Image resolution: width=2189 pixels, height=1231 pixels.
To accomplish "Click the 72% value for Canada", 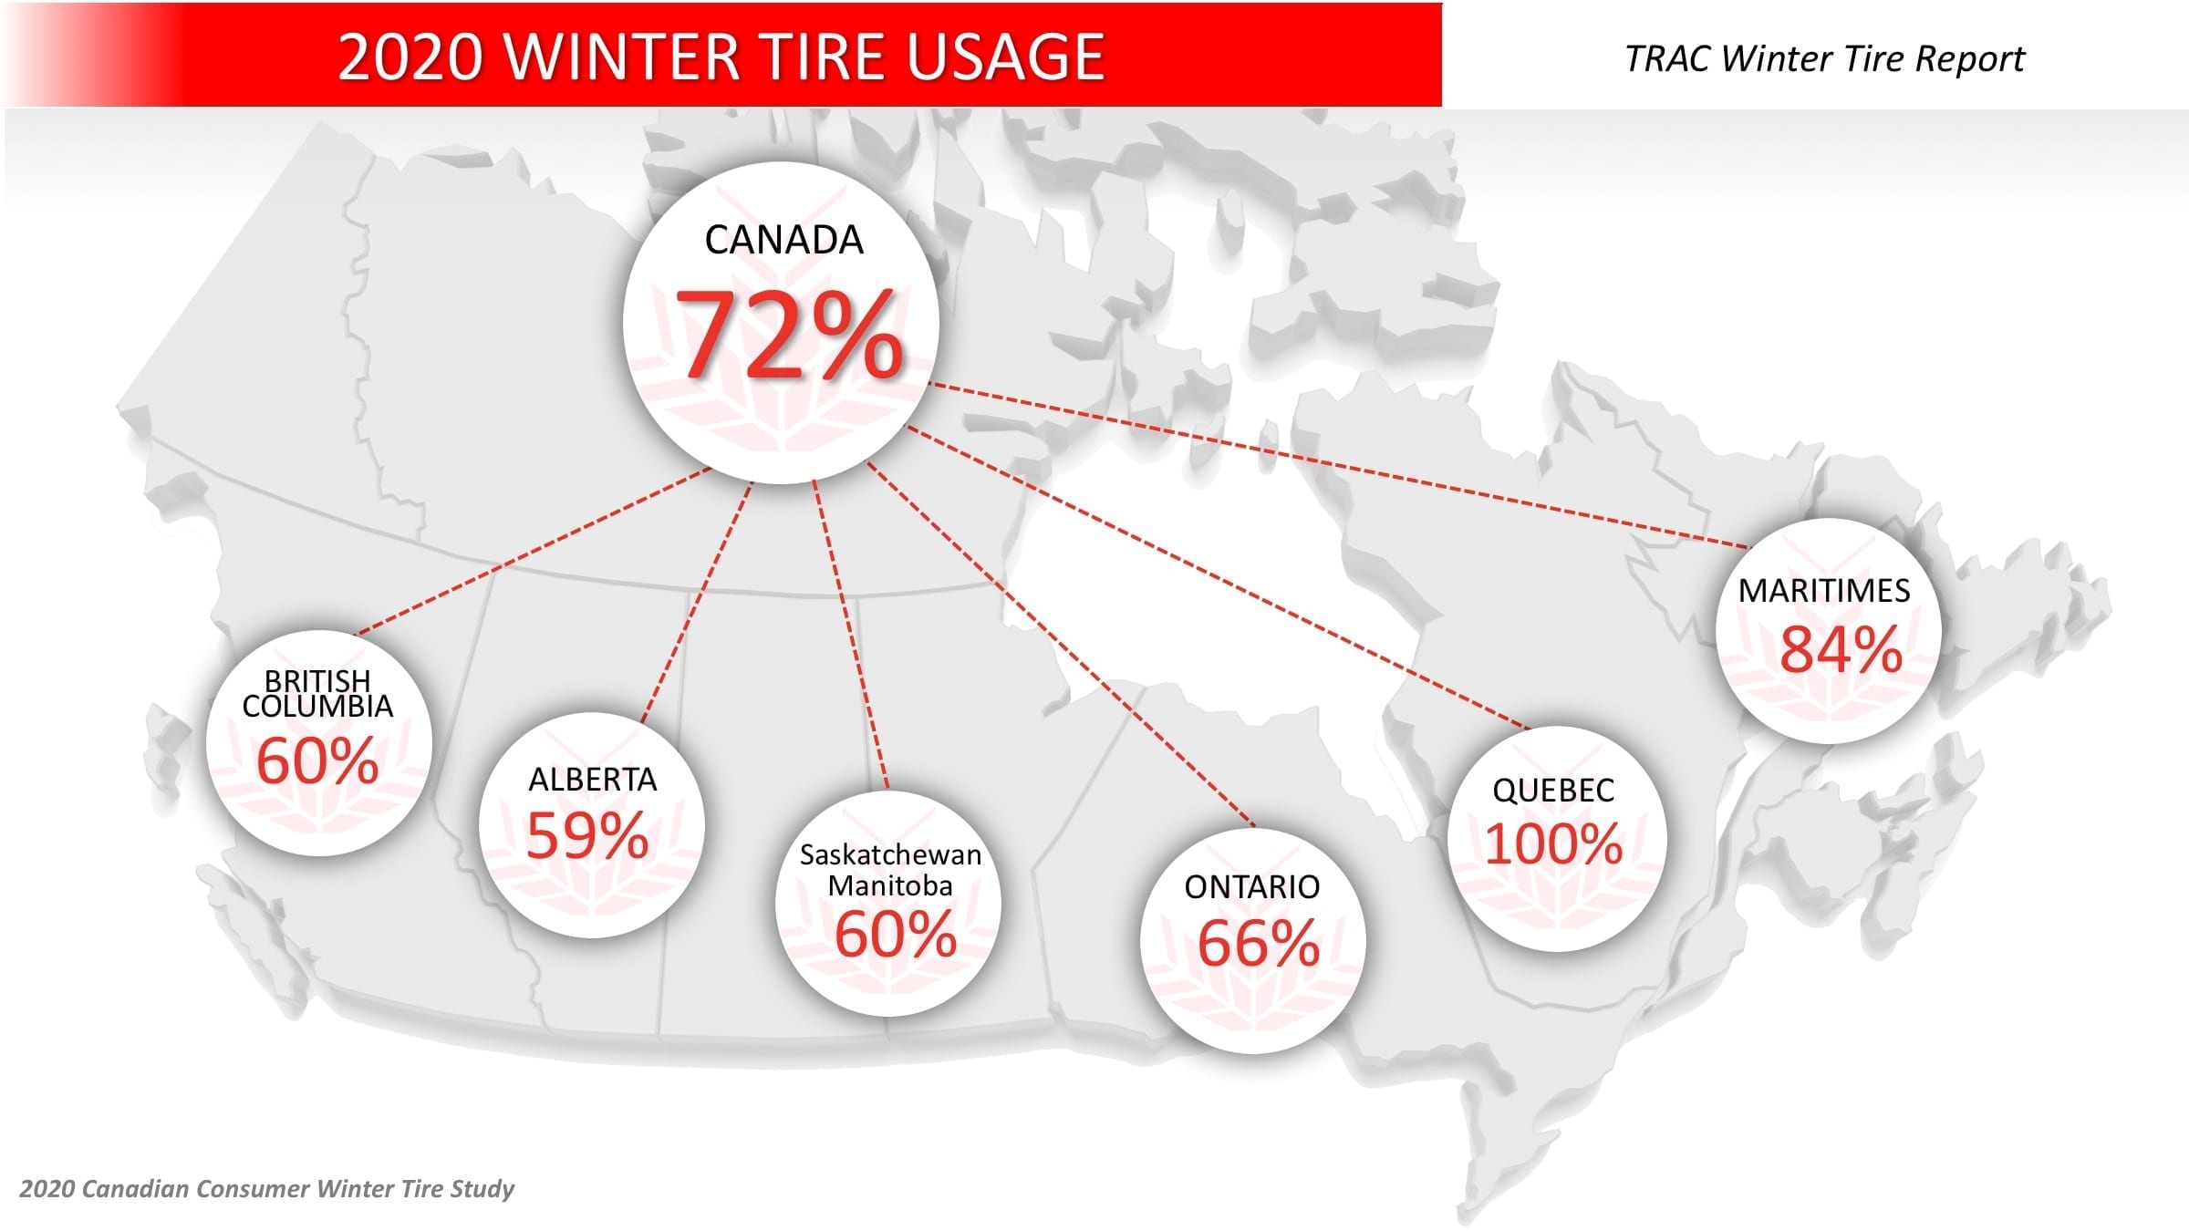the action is point(789,334).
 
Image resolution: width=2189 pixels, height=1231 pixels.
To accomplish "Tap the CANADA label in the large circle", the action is point(783,240).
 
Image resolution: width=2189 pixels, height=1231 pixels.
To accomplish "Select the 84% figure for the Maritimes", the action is point(1841,649).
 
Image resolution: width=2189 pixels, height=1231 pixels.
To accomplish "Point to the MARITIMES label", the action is point(1824,590).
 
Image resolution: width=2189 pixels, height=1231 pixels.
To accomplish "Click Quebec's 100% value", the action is point(1553,843).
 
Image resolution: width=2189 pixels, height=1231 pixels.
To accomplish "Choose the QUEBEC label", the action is point(1553,790).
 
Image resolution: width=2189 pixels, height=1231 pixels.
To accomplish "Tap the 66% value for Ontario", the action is point(1259,943).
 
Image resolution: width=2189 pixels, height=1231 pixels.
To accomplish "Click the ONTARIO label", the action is point(1252,886).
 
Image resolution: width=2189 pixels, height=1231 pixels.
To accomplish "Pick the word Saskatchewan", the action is point(890,854).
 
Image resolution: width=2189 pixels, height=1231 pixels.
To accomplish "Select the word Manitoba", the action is point(890,885).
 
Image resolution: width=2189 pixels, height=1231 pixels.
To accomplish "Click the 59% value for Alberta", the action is point(587,835).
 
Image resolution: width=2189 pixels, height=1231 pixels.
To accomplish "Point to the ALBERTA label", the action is point(593,780).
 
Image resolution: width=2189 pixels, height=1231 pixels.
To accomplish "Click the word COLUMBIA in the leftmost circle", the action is point(317,707).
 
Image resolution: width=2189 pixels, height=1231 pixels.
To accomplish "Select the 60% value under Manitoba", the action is point(896,935).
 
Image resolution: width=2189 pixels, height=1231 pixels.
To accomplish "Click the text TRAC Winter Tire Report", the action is point(1824,59).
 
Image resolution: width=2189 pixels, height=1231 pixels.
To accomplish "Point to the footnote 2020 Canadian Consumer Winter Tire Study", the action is point(266,1189).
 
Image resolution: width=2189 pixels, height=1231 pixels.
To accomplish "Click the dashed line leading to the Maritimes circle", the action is point(1339,466).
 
